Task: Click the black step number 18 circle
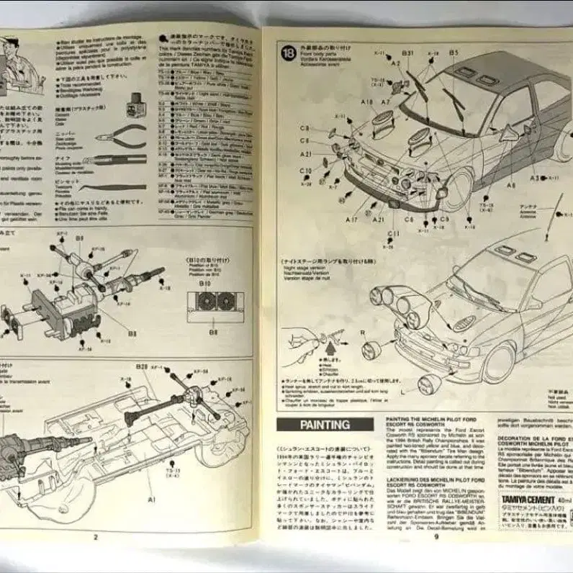[288, 53]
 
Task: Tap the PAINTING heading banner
[325, 425]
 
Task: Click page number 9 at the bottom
[436, 535]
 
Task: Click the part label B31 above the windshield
[407, 53]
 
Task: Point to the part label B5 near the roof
[454, 53]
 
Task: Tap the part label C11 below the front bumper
[392, 233]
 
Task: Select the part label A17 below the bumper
[351, 219]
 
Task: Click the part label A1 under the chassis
[152, 497]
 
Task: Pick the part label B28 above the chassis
[140, 368]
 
